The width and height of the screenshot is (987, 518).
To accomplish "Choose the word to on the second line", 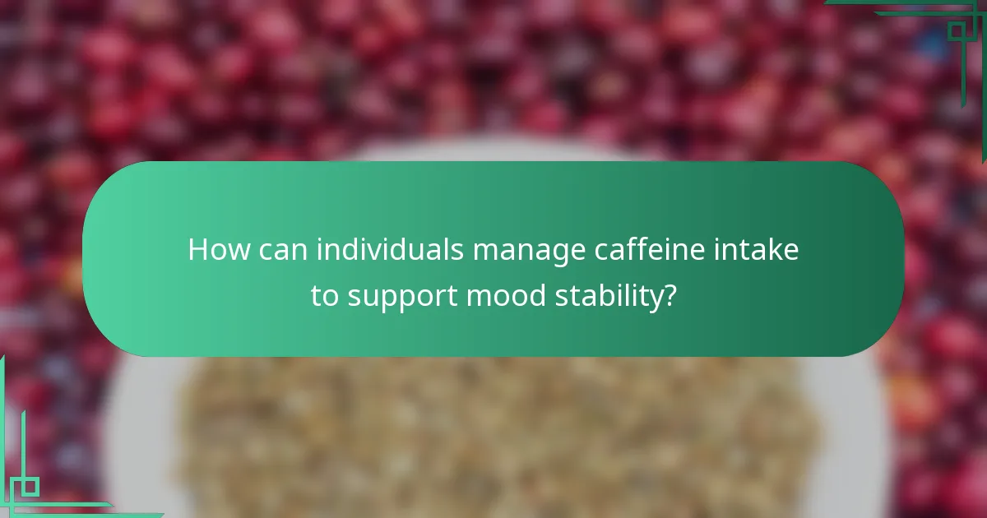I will click(324, 297).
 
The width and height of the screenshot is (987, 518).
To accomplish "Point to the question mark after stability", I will click(670, 297).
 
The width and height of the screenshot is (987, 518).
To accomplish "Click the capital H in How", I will click(198, 249).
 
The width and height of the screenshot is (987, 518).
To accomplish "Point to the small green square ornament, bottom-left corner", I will click(30, 487).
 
